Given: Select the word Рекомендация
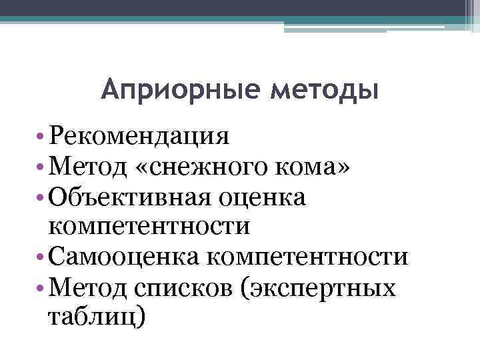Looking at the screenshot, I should click(139, 137).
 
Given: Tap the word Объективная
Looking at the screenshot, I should click(128, 197).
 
